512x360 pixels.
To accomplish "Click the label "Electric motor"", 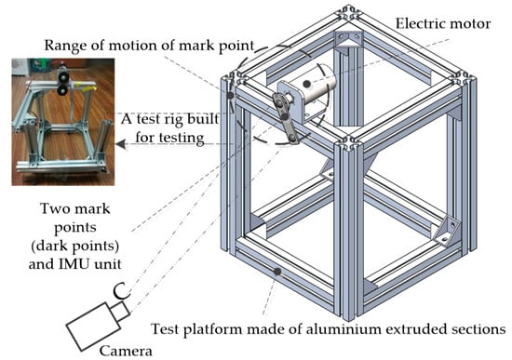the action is [443, 24].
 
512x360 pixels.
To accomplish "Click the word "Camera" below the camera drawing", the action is [126, 351].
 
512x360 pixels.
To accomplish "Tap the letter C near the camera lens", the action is [121, 291].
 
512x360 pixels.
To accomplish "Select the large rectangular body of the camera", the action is [93, 327].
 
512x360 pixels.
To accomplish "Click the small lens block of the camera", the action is [119, 312].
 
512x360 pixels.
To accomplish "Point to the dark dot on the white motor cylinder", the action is [306, 84].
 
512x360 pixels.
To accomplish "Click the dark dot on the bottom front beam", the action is [277, 272].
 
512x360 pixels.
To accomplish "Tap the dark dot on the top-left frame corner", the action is [231, 96].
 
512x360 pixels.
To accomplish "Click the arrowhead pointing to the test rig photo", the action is [120, 143].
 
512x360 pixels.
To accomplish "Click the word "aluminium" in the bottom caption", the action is [344, 328].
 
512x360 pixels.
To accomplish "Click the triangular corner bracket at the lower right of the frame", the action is [446, 231].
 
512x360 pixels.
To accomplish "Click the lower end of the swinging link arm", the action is [292, 139].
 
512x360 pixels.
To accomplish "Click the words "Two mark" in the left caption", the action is [75, 209].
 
